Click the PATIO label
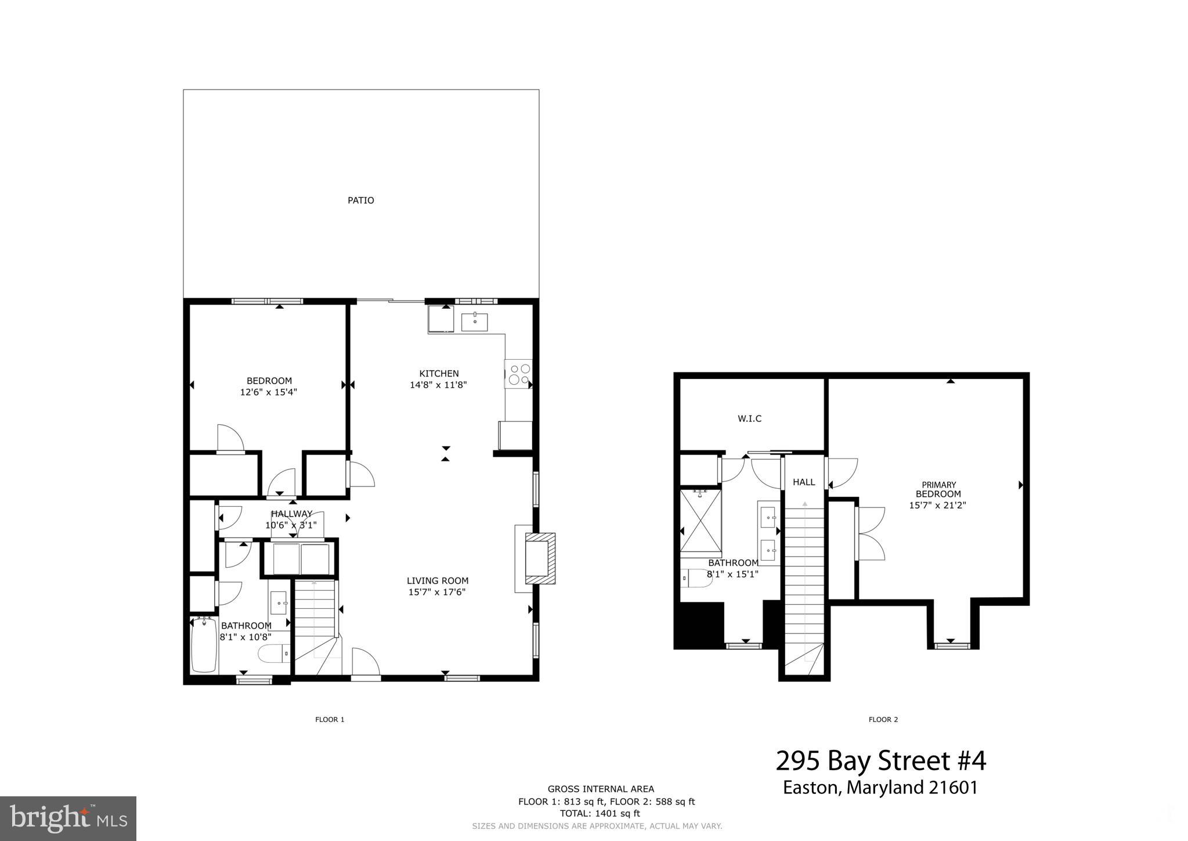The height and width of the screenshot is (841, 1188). pos(360,200)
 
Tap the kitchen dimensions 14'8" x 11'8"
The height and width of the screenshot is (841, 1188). pos(438,385)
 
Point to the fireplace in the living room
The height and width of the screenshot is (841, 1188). pos(537,558)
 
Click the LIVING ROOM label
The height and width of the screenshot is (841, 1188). pos(437,580)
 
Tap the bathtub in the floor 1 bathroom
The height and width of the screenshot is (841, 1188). pos(204,645)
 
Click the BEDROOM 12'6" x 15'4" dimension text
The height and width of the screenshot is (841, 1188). pos(269,392)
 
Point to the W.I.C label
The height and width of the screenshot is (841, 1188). pos(749,418)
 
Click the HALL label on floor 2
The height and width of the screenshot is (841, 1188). pos(804,482)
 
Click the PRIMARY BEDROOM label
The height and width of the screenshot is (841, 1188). pos(938,489)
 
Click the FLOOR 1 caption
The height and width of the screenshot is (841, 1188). pos(330,720)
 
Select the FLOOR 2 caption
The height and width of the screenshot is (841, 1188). pos(883,720)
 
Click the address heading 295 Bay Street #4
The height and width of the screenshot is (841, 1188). pos(880,761)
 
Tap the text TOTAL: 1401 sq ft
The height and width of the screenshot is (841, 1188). pos(600,814)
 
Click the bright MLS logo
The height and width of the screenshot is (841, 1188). pos(68,818)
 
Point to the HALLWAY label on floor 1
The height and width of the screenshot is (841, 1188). pos(291,514)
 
